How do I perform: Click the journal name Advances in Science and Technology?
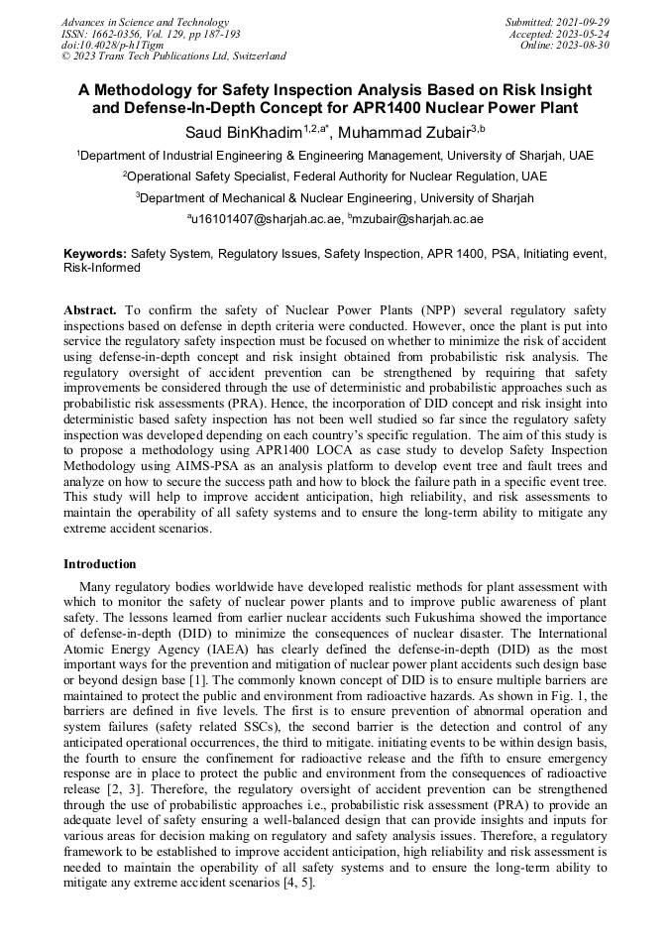(x=145, y=22)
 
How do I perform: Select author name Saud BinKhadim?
(x=242, y=132)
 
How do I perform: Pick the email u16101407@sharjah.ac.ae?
(x=265, y=218)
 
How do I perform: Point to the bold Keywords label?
(x=95, y=254)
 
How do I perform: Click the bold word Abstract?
(x=90, y=310)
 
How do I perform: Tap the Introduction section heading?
(x=100, y=564)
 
